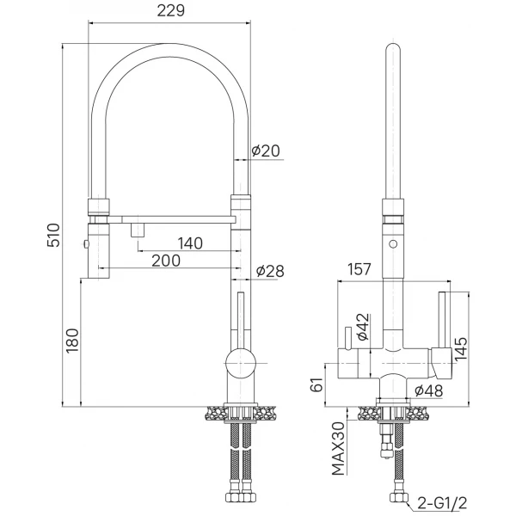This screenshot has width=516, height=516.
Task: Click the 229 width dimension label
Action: click(171, 11)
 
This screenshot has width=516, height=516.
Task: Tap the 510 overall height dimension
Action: click(53, 236)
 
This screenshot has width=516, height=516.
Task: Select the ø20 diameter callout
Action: click(266, 151)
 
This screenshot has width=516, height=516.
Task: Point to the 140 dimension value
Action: click(190, 243)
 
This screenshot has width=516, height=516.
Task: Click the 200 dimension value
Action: click(166, 261)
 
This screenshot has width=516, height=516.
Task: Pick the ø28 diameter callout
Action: click(270, 271)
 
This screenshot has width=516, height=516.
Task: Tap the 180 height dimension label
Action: click(72, 341)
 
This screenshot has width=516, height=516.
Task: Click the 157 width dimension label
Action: click(359, 269)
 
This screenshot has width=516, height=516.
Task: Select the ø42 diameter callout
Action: click(363, 327)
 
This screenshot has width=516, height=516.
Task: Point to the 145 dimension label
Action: click(460, 349)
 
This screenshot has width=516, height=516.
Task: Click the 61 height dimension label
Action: click(316, 384)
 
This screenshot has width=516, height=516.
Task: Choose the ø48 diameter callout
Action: click(428, 391)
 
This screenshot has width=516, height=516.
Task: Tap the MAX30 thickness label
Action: click(338, 449)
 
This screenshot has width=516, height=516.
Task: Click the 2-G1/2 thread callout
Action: click(442, 503)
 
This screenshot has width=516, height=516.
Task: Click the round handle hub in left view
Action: click(241, 363)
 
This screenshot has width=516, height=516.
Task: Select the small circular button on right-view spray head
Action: click(393, 244)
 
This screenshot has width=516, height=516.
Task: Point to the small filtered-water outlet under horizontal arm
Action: click(138, 230)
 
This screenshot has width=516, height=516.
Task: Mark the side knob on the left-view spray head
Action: click(86, 244)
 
